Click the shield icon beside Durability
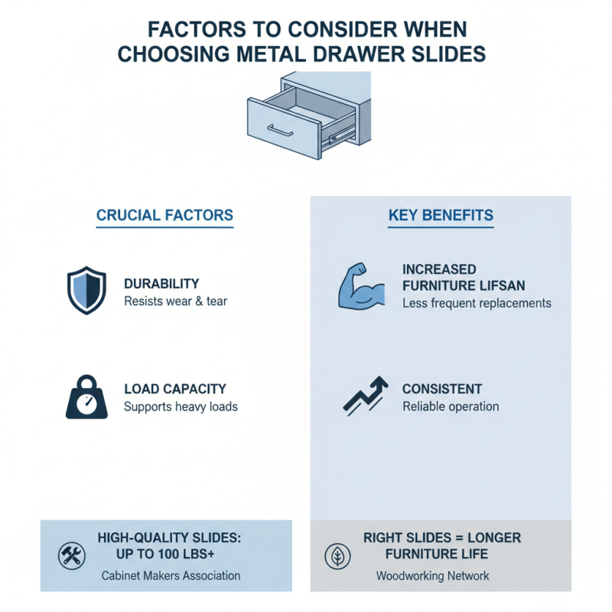(x=86, y=290)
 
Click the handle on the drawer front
(x=280, y=132)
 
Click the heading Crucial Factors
(x=164, y=216)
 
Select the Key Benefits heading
(x=441, y=216)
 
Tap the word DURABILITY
(x=161, y=284)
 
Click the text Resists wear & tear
(x=175, y=301)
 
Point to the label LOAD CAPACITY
(x=175, y=389)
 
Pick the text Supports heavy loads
(x=181, y=407)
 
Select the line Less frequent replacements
(x=477, y=303)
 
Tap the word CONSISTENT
(x=442, y=389)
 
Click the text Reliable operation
(x=451, y=407)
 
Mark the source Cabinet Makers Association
(x=171, y=575)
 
